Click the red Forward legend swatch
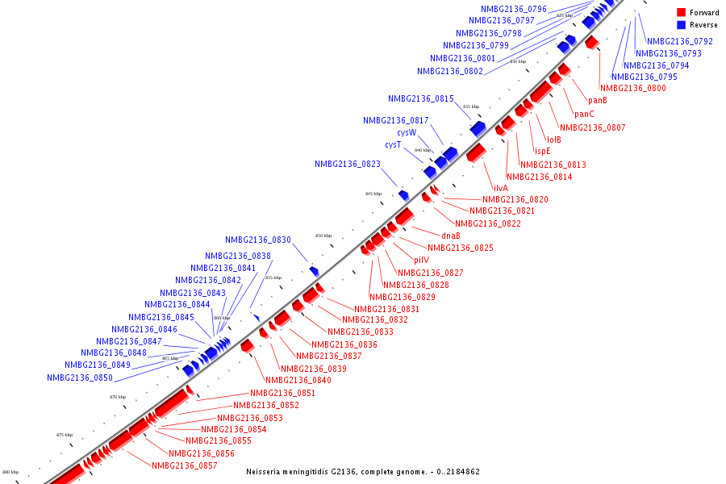682,13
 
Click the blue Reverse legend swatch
682,25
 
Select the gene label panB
598,100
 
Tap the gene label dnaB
451,236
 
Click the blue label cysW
407,132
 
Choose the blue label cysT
393,144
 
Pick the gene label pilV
421,260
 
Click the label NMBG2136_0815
421,98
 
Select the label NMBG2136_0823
348,164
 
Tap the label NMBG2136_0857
185,465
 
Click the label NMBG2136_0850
80,378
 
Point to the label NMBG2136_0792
680,41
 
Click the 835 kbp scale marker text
471,106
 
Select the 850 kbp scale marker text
323,236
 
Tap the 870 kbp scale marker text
118,397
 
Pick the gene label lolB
554,140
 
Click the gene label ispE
542,151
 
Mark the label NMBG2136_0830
258,240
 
